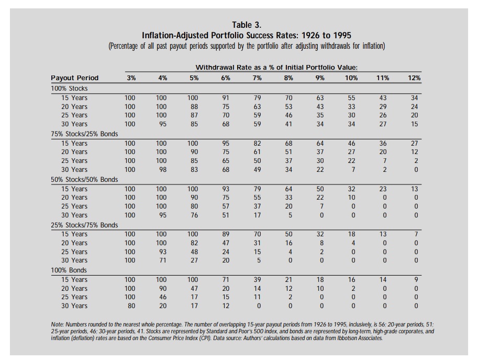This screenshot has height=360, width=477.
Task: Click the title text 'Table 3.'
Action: coord(247,25)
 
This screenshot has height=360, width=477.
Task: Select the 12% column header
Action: coord(414,78)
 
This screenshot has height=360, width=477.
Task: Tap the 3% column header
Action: coord(131,78)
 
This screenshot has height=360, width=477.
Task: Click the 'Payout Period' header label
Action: coord(74,78)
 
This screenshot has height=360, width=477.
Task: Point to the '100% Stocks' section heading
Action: coord(69,89)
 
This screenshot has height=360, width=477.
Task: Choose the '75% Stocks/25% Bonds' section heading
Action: coord(84,134)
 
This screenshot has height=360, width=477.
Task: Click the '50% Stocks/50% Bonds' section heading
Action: coord(84,179)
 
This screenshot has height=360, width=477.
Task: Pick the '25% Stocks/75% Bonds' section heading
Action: coord(84,225)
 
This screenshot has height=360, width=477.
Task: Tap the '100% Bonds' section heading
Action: coord(69,270)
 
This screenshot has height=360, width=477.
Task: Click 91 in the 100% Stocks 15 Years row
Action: coord(226,98)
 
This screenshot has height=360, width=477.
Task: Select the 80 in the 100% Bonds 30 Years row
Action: coord(131,306)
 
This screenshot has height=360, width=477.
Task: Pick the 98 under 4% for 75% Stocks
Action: coord(163,169)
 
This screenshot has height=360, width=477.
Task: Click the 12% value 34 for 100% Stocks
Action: coord(414,98)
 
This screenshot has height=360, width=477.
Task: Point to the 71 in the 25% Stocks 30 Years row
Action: coord(163,260)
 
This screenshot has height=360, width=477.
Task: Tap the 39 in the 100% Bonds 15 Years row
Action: coord(257,280)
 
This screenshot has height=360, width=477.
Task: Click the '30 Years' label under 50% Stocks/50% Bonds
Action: coord(74,215)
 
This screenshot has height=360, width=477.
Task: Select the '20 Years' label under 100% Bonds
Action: coord(74,288)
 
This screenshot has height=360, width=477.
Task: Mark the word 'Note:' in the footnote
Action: coord(57,325)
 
